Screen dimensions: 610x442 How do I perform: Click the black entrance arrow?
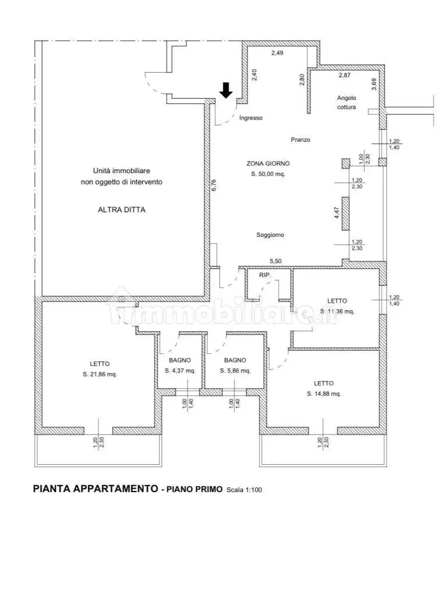point(226,90)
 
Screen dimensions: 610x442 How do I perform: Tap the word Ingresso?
point(251,118)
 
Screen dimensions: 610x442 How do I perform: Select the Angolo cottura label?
point(346,102)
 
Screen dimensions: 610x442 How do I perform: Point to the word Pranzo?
point(301,140)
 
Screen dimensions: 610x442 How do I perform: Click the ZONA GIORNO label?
point(268,164)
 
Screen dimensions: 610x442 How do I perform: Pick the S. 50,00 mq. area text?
point(268,174)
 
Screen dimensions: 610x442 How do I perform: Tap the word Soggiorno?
point(270,235)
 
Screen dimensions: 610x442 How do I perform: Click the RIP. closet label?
point(265,275)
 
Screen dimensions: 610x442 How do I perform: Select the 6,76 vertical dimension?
point(214,184)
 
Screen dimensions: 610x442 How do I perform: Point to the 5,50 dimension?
point(276,261)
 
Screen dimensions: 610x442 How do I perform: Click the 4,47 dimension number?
point(336,212)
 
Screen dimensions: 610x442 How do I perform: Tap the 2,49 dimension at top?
point(277,53)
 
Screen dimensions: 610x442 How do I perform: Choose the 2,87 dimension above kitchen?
point(345,76)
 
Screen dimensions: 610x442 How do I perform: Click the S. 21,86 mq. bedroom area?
point(99,374)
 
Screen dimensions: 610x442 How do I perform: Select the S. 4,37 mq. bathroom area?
point(180,371)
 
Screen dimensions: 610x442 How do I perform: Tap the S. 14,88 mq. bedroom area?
point(323,393)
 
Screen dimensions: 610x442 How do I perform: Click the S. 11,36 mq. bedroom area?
point(337,311)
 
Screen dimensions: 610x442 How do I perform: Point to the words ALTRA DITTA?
point(122,210)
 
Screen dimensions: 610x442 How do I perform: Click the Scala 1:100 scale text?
point(244,490)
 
